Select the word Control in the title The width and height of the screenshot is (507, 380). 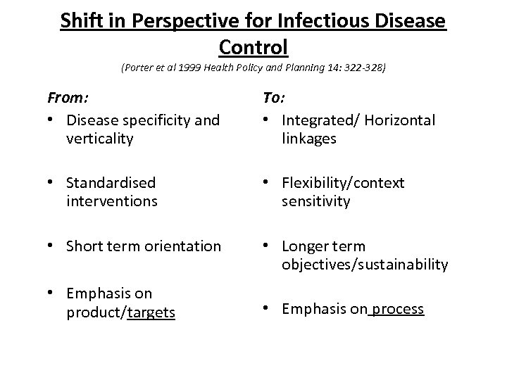(x=254, y=47)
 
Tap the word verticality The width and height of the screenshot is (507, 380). (x=99, y=139)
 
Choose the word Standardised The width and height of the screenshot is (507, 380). (x=110, y=184)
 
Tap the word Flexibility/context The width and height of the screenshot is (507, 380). (x=343, y=184)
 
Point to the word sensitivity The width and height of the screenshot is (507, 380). (x=315, y=202)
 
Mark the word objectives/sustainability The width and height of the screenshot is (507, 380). (x=365, y=265)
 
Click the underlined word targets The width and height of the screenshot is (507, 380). (x=151, y=312)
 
